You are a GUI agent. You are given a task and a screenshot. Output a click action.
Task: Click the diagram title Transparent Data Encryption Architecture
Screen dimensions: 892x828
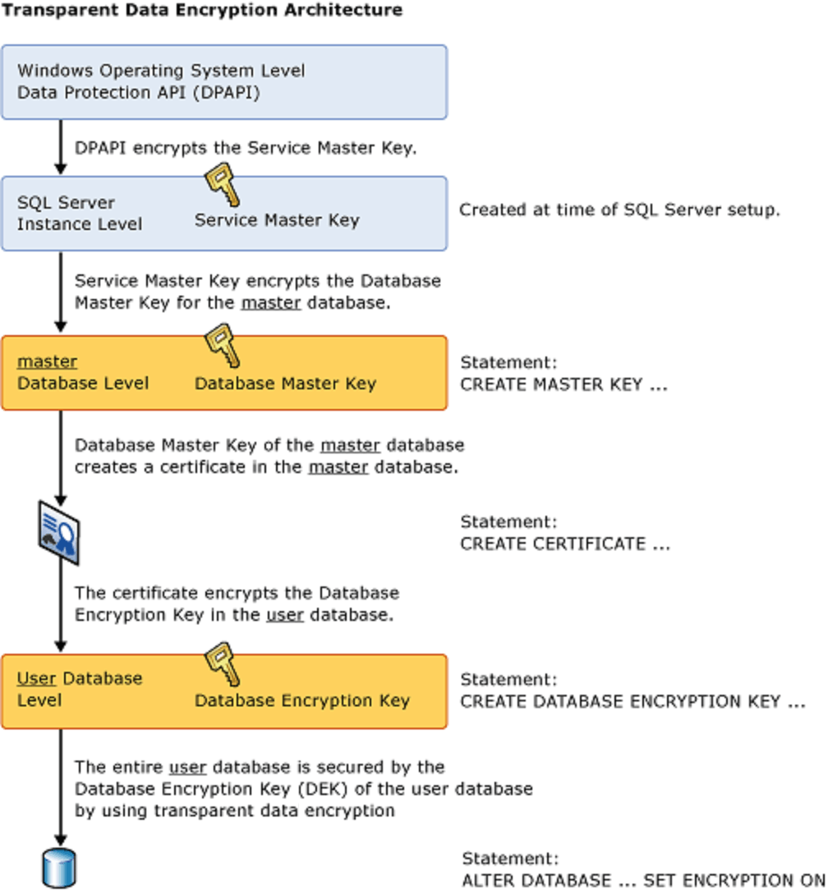(202, 11)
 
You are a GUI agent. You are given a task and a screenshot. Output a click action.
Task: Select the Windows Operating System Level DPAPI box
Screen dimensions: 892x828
(223, 82)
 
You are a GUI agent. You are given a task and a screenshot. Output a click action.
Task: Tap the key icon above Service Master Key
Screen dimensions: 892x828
(222, 185)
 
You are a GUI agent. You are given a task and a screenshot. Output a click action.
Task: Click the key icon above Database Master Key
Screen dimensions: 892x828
(223, 345)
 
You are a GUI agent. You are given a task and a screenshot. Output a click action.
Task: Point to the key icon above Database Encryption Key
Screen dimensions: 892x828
(222, 664)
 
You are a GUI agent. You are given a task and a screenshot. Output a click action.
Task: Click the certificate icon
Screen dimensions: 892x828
(59, 534)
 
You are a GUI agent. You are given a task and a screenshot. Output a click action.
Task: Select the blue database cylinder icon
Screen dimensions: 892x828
(58, 867)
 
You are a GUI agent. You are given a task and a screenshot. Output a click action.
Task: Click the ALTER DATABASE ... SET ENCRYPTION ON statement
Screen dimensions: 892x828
(643, 879)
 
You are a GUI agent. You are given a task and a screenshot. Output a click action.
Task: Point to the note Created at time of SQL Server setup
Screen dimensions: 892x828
(619, 209)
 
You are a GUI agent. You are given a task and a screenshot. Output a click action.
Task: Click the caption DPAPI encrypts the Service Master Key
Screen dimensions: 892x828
(246, 149)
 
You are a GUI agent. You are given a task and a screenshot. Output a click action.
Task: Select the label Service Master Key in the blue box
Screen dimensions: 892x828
(277, 220)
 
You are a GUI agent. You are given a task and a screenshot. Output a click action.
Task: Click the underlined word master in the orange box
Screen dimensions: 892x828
(48, 361)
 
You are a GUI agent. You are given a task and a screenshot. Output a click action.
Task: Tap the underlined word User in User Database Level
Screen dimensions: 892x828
(36, 679)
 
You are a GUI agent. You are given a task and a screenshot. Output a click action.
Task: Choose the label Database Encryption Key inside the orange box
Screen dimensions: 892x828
(301, 701)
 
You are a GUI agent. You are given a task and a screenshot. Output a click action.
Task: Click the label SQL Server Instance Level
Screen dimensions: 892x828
(79, 213)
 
